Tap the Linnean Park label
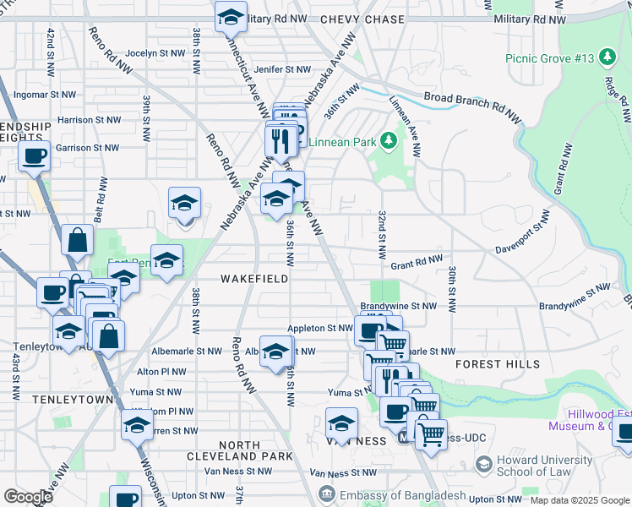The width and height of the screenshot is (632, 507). (x=341, y=142)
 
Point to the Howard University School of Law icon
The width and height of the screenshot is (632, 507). (x=483, y=464)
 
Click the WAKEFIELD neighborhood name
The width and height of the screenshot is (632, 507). (x=254, y=278)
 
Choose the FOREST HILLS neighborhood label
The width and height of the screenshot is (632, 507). (x=498, y=364)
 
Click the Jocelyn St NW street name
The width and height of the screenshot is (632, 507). (x=155, y=52)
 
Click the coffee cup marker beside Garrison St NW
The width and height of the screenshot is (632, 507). (x=35, y=155)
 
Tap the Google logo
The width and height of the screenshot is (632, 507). (x=28, y=496)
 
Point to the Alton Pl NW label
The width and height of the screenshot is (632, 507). (x=161, y=371)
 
